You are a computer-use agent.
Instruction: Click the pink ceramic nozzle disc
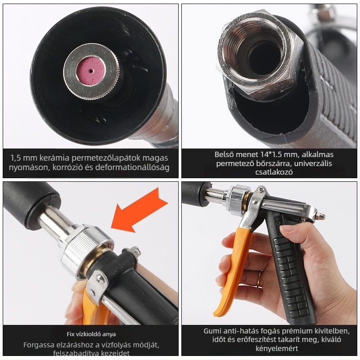pyautogui.click(x=91, y=71)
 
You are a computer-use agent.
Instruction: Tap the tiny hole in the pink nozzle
pyautogui.click(x=91, y=71)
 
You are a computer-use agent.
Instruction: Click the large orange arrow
pyautogui.click(x=139, y=210)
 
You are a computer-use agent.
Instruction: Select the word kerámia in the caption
pyautogui.click(x=54, y=158)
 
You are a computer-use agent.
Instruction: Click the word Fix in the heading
pyautogui.click(x=70, y=334)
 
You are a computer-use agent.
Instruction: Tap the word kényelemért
pyautogui.click(x=277, y=348)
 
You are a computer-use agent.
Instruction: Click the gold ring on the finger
pyautogui.click(x=259, y=278)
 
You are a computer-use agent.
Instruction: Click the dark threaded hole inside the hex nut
pyautogui.click(x=264, y=58)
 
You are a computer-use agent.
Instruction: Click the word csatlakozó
pyautogui.click(x=274, y=172)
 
